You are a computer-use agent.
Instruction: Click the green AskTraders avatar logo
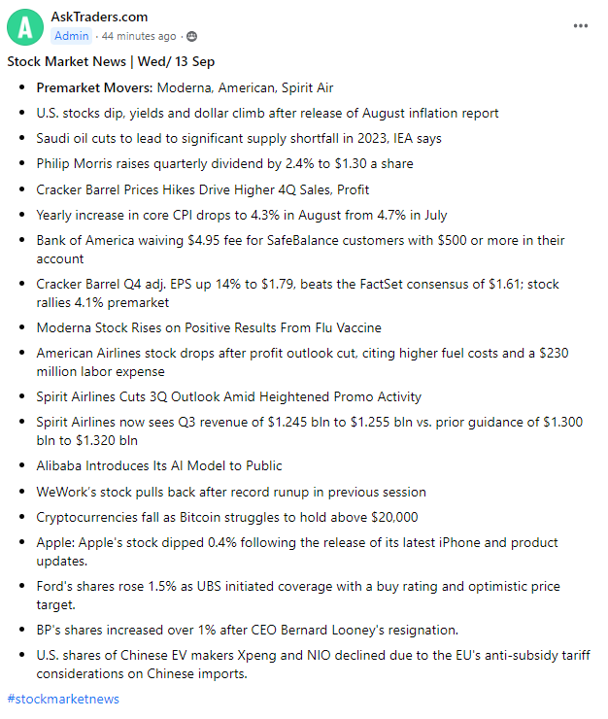[x=25, y=26]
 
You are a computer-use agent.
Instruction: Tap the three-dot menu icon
[x=581, y=26]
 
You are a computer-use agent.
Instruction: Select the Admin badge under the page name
[x=71, y=36]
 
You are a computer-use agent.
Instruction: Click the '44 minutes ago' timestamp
[x=139, y=36]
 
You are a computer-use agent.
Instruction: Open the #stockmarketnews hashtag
[x=63, y=699]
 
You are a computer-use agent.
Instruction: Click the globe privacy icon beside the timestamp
[x=191, y=36]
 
